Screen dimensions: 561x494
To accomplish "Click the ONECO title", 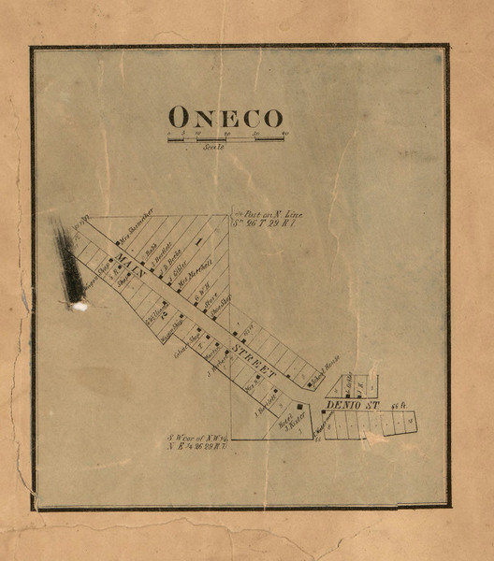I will pyautogui.click(x=225, y=118).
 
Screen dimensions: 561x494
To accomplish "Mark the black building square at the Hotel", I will pyautogui.click(x=299, y=408).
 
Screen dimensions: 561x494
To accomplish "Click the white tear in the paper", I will pyautogui.click(x=80, y=305).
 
